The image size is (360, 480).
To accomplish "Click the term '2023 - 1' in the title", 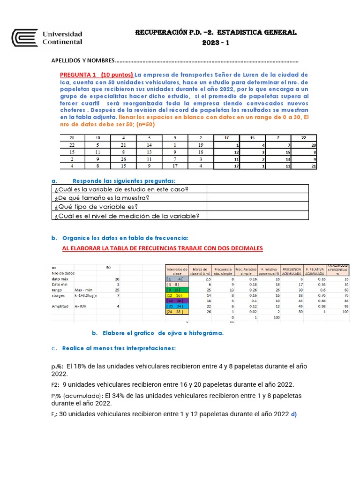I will (216, 43).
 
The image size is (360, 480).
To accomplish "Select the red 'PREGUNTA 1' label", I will (78, 75).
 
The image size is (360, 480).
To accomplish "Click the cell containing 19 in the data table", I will (201, 146).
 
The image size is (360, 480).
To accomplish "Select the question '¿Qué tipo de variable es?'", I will (102, 207).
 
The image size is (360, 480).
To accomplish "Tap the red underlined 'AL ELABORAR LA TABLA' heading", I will (163, 248).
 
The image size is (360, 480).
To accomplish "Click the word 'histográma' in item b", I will (204, 333).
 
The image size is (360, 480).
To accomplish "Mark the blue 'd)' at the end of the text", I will (293, 414).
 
